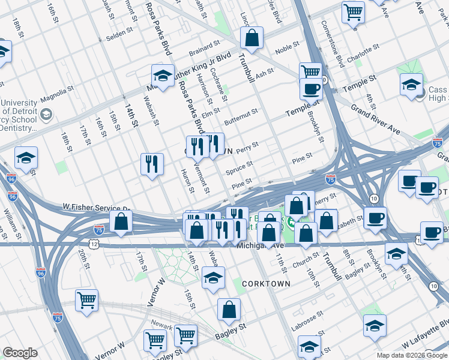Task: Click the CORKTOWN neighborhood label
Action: (266, 283)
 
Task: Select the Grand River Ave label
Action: (375, 120)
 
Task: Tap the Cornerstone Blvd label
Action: (332, 44)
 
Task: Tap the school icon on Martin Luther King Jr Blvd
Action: (163, 76)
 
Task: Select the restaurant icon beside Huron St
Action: (152, 163)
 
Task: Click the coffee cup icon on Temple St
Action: (311, 89)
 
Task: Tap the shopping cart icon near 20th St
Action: (86, 299)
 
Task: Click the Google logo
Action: (20, 353)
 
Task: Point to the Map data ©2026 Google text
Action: (412, 355)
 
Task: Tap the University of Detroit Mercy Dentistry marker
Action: (46, 113)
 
